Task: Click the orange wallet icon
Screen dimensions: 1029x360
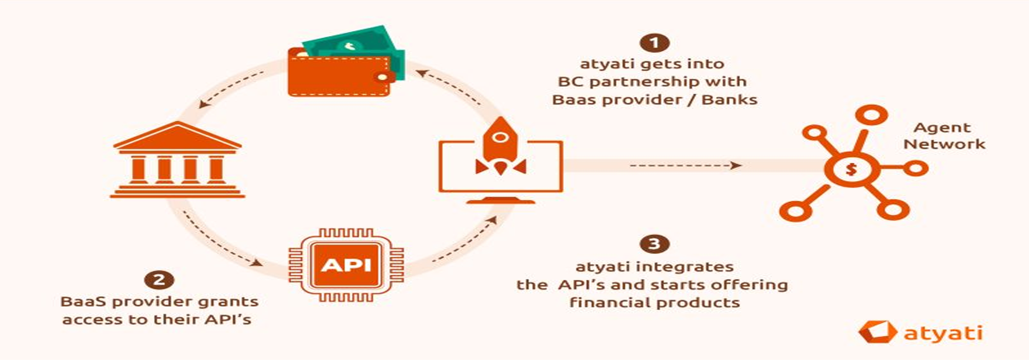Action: point(340,72)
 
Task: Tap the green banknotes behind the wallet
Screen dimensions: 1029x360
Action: point(360,44)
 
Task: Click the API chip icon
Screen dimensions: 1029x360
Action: point(346,265)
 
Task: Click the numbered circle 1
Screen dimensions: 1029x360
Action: point(654,43)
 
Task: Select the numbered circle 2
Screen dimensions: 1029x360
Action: point(159,280)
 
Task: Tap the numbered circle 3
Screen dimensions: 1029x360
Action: point(654,243)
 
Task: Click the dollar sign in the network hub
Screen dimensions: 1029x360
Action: point(851,169)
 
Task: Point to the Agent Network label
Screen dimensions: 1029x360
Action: point(944,136)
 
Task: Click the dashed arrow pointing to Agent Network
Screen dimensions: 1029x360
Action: point(686,165)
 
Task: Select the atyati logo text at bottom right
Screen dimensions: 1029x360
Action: point(943,333)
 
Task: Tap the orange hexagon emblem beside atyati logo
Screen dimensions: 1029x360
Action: point(878,332)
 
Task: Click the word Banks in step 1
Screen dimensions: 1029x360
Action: point(730,99)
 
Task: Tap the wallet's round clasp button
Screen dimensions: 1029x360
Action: point(382,77)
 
